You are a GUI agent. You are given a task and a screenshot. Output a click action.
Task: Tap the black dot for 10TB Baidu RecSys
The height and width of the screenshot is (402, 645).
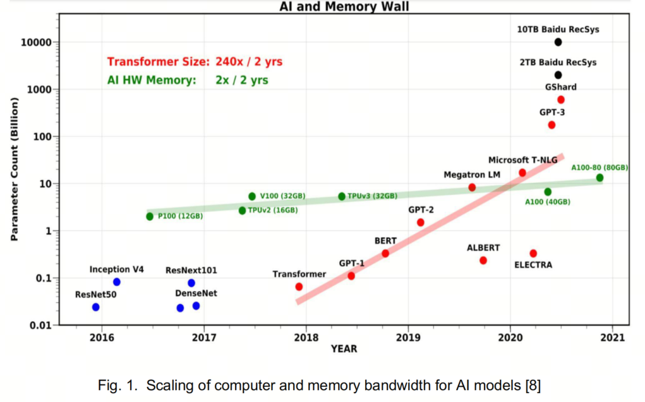point(558,42)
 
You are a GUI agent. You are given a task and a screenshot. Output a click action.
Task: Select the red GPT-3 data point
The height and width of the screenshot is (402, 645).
point(552,125)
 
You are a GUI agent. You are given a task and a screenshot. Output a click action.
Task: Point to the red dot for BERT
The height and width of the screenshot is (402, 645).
point(385,253)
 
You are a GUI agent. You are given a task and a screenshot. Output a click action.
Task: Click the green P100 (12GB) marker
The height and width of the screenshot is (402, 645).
point(150,216)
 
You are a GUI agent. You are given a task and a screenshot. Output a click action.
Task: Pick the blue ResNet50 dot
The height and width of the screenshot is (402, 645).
point(95,307)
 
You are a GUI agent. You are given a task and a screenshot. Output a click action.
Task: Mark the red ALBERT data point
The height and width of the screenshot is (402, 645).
point(483,261)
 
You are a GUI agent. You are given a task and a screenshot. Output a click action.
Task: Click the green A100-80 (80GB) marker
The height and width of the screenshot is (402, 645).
point(600,178)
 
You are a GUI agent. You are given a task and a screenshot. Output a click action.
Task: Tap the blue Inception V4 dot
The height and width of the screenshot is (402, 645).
point(116,282)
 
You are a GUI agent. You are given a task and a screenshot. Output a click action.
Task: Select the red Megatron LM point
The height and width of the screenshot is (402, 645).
point(472,187)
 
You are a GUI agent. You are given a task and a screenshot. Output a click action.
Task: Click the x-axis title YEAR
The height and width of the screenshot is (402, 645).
point(344,349)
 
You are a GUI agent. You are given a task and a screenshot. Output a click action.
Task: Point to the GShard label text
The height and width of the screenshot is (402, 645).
point(560,87)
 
